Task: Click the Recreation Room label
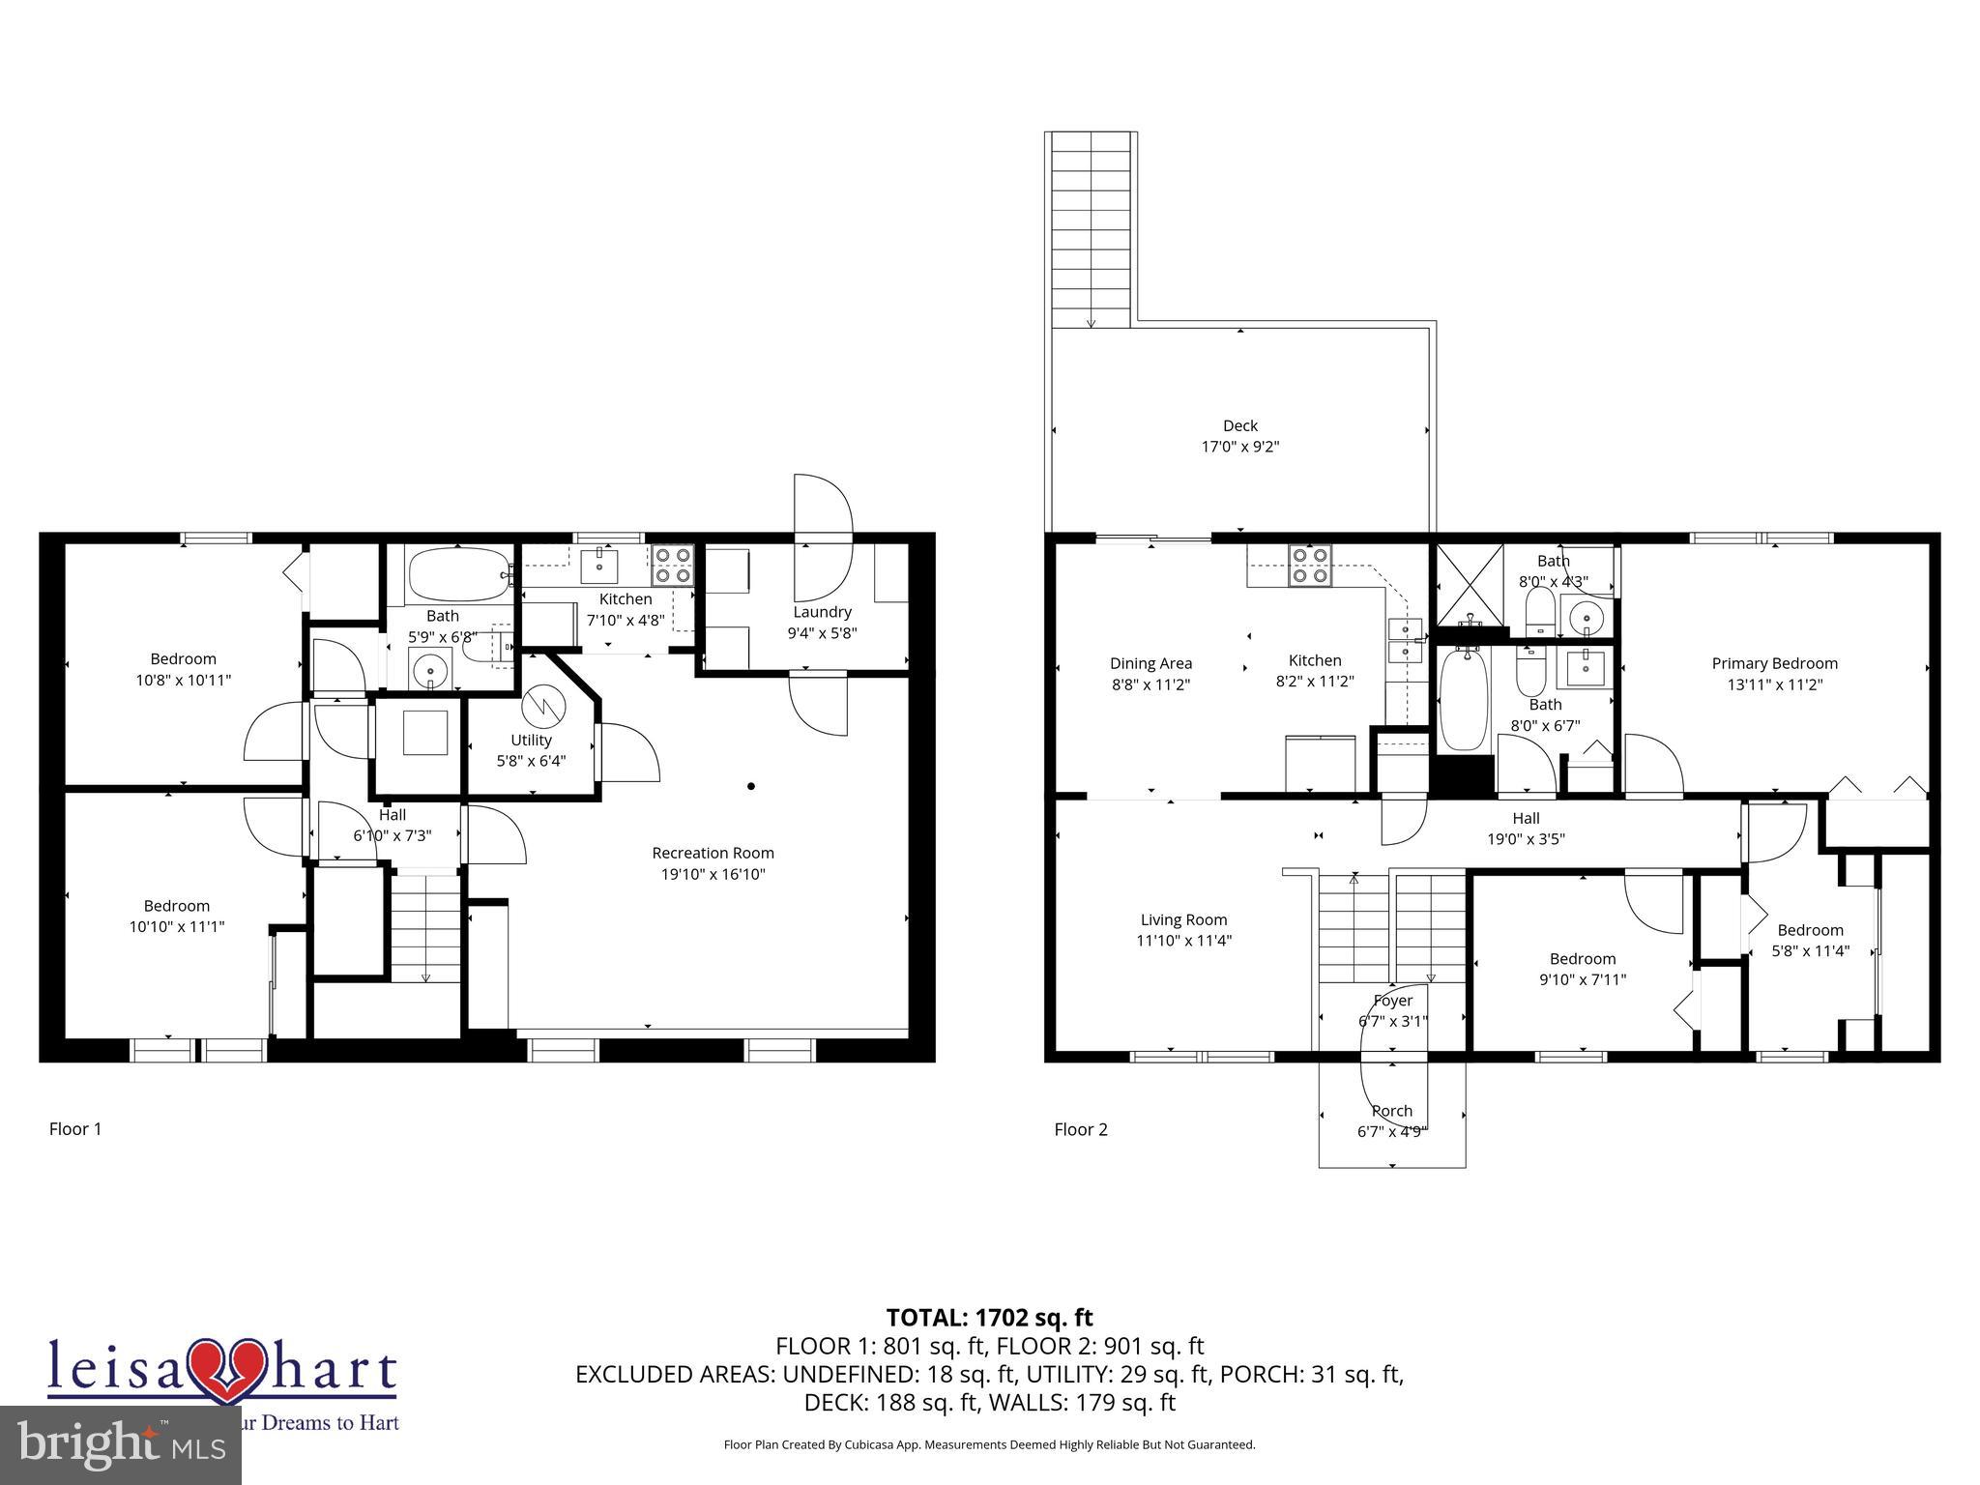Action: coord(713,853)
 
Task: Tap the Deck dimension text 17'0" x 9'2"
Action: coord(1239,447)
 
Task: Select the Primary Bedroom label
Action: coord(1774,663)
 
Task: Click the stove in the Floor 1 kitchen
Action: coord(672,565)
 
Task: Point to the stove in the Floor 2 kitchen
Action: coord(1310,565)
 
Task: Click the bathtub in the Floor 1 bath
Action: coord(457,574)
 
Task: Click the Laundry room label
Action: coord(822,612)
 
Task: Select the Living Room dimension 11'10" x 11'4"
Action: coord(1183,941)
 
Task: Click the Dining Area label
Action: coord(1150,663)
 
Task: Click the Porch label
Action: coord(1392,1111)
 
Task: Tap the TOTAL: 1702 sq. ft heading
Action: coord(989,1317)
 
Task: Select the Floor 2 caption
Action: coord(1080,1129)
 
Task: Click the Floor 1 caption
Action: coord(75,1129)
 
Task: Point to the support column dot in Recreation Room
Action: coord(751,786)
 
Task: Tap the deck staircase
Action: coord(1091,227)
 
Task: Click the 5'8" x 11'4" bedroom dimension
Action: coord(1810,950)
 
